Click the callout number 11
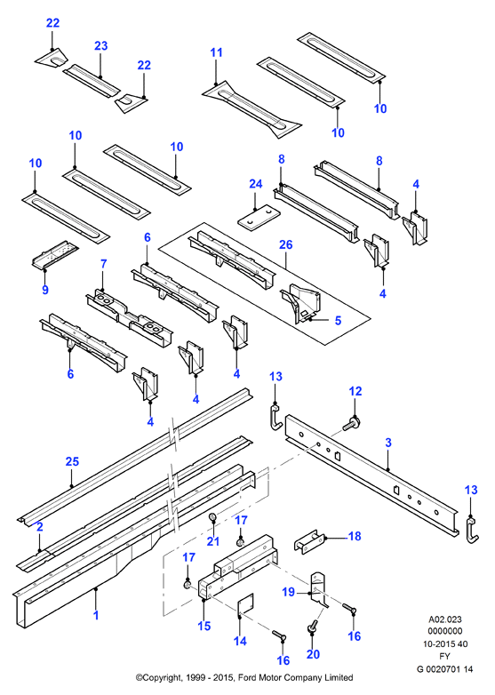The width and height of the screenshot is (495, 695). coord(216,52)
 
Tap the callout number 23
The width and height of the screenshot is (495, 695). coord(101,45)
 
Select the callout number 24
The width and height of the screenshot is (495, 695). coord(256,184)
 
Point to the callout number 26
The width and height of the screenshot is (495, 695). coord(286,244)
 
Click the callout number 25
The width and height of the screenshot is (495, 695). coord(72,461)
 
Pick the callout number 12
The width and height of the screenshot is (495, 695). coord(355,391)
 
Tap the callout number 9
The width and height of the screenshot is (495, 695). coord(45,290)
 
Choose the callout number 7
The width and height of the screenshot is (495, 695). coord(104,264)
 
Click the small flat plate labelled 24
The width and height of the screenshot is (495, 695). coord(259,217)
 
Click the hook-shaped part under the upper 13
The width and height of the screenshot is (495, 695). coord(275,417)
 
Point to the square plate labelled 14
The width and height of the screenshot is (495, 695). coord(245,605)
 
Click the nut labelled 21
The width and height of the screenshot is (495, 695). coord(213,517)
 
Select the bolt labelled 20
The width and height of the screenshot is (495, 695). coord(312,627)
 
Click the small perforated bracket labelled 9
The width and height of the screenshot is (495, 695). coord(54,255)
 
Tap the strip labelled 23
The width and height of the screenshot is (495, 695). coord(92,81)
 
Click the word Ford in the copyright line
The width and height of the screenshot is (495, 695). coord(250,677)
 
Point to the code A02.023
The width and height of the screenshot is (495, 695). coord(444,619)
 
